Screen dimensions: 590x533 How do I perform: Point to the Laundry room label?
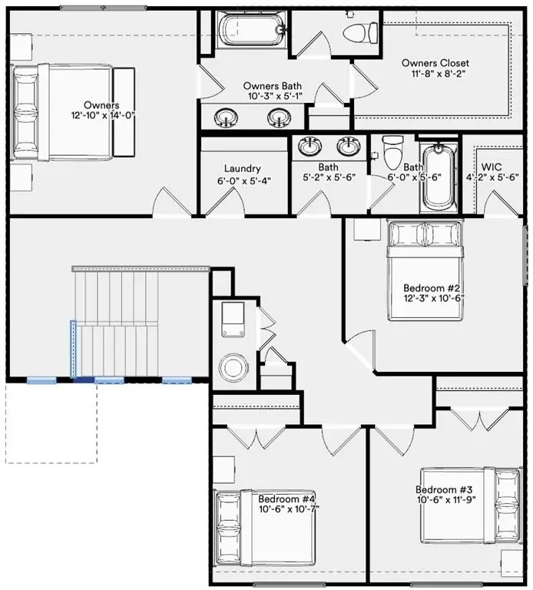(x=243, y=168)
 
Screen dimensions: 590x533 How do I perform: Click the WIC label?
(x=492, y=167)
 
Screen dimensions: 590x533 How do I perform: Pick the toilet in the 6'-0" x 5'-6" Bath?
(x=392, y=155)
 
